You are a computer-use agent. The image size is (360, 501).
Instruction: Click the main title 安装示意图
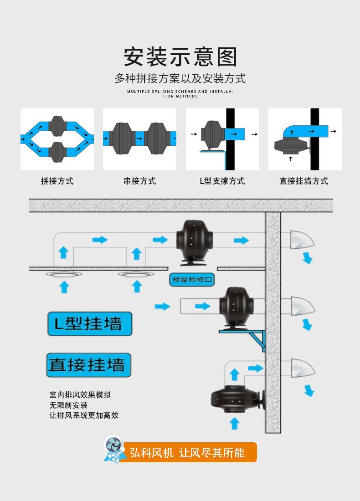[180, 57]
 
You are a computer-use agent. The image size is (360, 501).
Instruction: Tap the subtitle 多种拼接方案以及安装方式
[180, 78]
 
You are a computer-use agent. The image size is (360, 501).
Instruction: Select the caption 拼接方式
[57, 181]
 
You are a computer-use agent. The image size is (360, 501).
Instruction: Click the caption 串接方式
[139, 181]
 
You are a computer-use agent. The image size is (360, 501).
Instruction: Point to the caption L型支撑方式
[222, 181]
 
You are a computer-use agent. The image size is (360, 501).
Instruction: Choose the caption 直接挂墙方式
[303, 181]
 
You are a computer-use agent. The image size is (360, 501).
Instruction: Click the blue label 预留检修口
[192, 280]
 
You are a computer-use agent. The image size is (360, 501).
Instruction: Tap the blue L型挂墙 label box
[90, 324]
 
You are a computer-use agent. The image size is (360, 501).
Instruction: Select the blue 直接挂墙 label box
[88, 365]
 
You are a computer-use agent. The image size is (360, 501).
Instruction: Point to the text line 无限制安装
[68, 405]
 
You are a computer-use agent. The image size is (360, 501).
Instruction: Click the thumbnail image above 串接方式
[139, 139]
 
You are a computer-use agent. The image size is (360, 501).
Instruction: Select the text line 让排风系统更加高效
[84, 415]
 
